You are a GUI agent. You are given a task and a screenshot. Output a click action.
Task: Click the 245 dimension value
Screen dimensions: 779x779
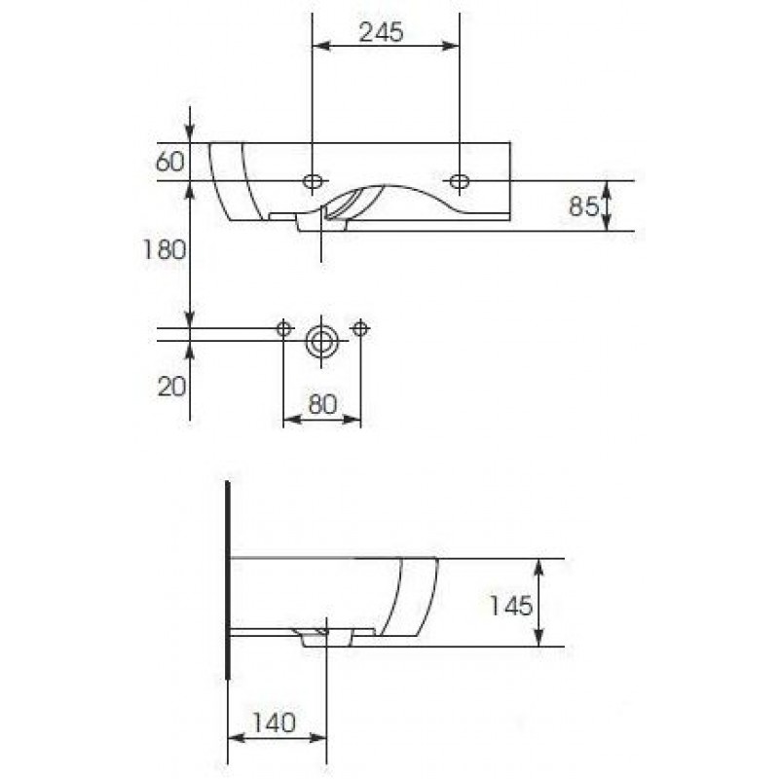click(x=381, y=33)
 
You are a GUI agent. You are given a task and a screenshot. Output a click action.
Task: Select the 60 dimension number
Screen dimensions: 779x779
click(x=169, y=162)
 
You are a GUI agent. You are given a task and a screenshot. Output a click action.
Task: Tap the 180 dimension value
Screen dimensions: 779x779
click(x=165, y=250)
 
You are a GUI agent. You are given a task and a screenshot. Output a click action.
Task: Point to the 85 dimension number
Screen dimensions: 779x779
click(x=584, y=205)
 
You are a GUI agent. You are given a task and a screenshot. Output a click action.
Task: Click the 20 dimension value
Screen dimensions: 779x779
click(x=172, y=387)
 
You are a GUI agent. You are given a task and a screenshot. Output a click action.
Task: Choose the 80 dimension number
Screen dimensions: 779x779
click(x=322, y=404)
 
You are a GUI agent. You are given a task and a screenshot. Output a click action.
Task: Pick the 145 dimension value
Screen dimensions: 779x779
click(x=511, y=606)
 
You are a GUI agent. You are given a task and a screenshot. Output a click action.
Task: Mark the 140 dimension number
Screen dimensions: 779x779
click(x=275, y=723)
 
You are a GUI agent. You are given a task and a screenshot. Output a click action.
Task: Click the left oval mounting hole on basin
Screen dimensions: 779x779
click(x=313, y=181)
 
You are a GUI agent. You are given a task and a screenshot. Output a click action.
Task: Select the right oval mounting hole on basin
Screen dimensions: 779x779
click(x=460, y=181)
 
